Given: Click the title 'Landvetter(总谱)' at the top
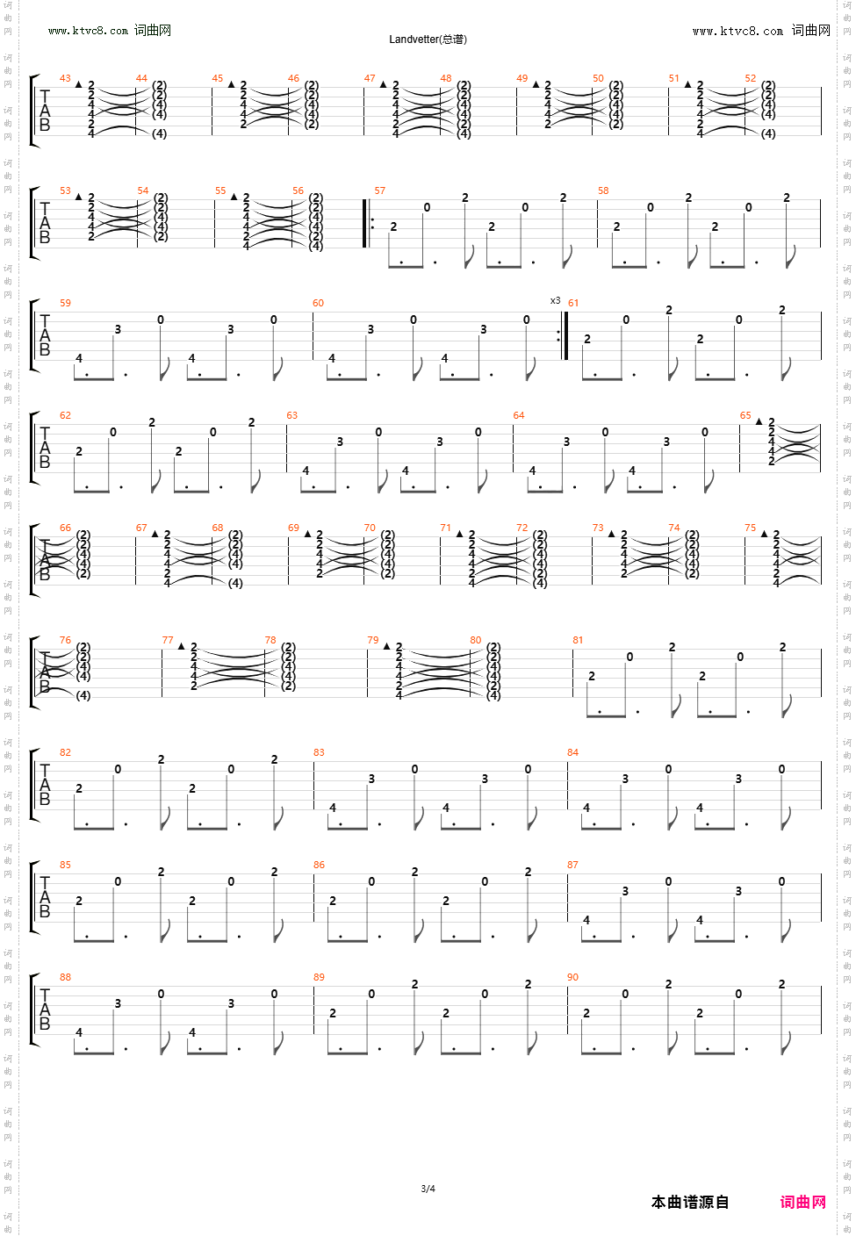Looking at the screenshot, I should coord(428,40).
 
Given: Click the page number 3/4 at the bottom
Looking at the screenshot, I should coord(428,1189).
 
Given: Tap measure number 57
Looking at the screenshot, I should coord(379,190).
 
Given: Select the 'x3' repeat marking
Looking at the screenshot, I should coord(555,300).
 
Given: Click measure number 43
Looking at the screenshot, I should coord(65,78).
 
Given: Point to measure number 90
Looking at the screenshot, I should coord(572,977).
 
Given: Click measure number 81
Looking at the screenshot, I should coord(578,640).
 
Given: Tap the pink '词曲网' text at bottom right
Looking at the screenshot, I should coord(802,1202).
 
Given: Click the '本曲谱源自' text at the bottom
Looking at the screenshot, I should coord(690,1202).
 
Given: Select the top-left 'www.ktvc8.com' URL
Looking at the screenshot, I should coord(88,31).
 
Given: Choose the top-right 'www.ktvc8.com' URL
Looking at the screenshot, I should coord(737,31).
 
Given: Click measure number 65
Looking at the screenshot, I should coord(745,415).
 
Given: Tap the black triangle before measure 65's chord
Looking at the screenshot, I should coord(759,421).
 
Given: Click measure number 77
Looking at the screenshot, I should coord(168,640).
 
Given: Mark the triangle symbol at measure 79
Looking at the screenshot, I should coord(386,646).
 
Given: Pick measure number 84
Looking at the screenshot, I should coord(572,752).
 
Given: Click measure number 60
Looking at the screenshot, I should coord(318,303).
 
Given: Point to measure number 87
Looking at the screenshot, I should coord(572,865).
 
